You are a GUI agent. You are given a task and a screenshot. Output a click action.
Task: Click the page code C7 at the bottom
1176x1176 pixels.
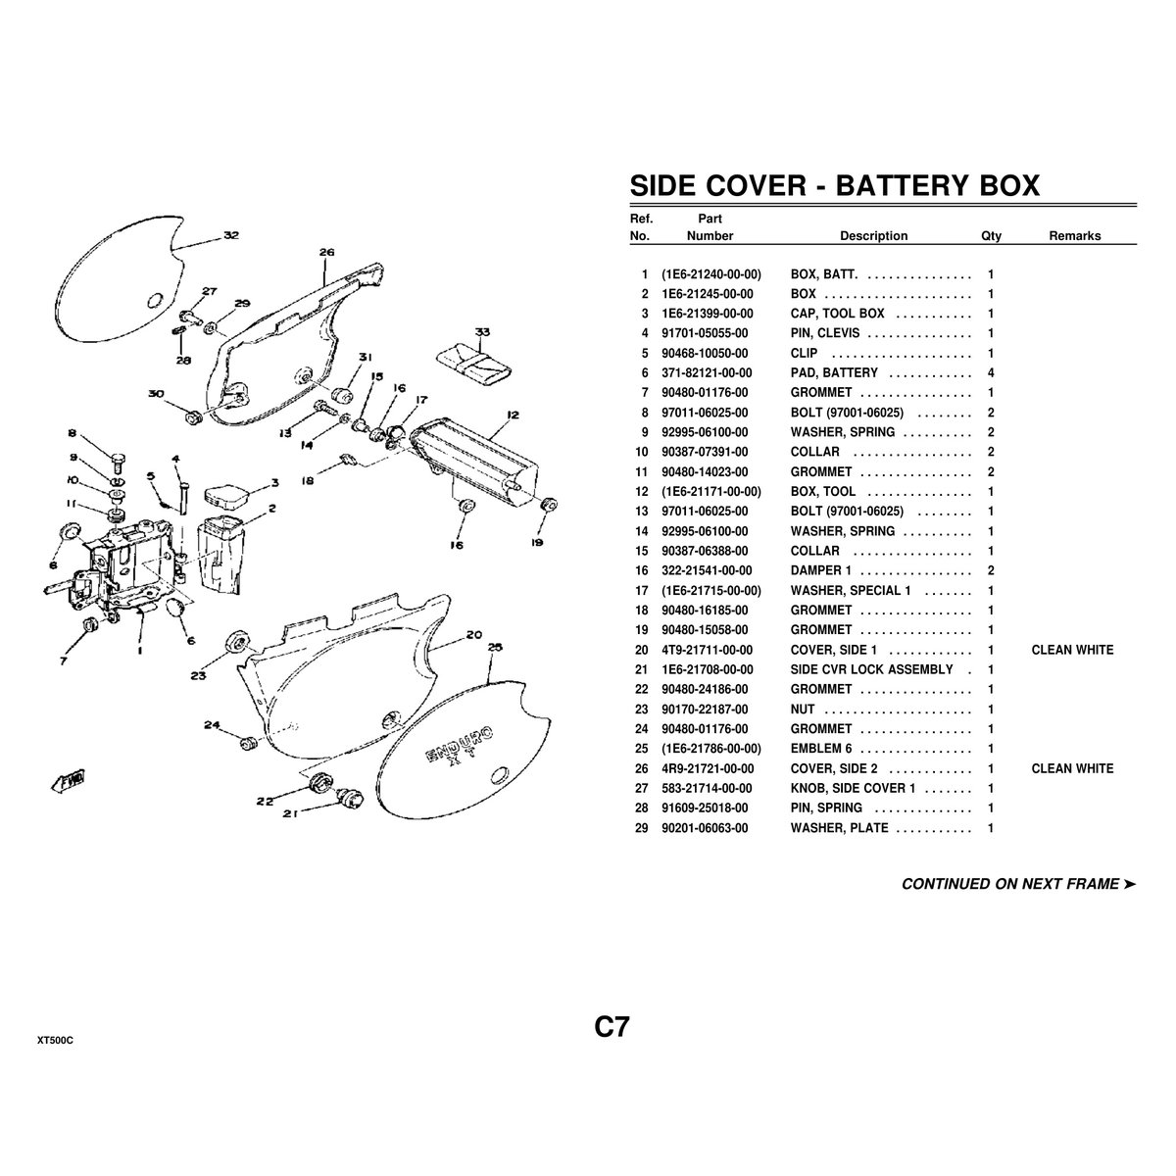[611, 1027]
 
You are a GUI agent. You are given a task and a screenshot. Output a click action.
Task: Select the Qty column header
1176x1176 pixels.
[991, 236]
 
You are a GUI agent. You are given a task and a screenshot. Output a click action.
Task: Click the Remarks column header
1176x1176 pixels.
[1075, 236]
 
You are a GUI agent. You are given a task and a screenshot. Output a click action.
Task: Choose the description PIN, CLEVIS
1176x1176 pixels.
[824, 333]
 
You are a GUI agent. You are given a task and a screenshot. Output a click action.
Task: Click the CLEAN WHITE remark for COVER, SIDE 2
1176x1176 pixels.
[1072, 768]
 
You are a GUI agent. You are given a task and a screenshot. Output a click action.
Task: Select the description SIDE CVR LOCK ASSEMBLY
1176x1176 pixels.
[871, 669]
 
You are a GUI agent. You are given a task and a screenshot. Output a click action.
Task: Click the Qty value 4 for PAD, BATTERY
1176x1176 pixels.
[991, 372]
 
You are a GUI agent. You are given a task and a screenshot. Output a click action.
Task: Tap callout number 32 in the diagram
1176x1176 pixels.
[230, 235]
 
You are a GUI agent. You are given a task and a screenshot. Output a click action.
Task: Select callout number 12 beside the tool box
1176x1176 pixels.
[512, 414]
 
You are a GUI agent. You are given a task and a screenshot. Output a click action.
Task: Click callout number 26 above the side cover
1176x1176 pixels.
[327, 252]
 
